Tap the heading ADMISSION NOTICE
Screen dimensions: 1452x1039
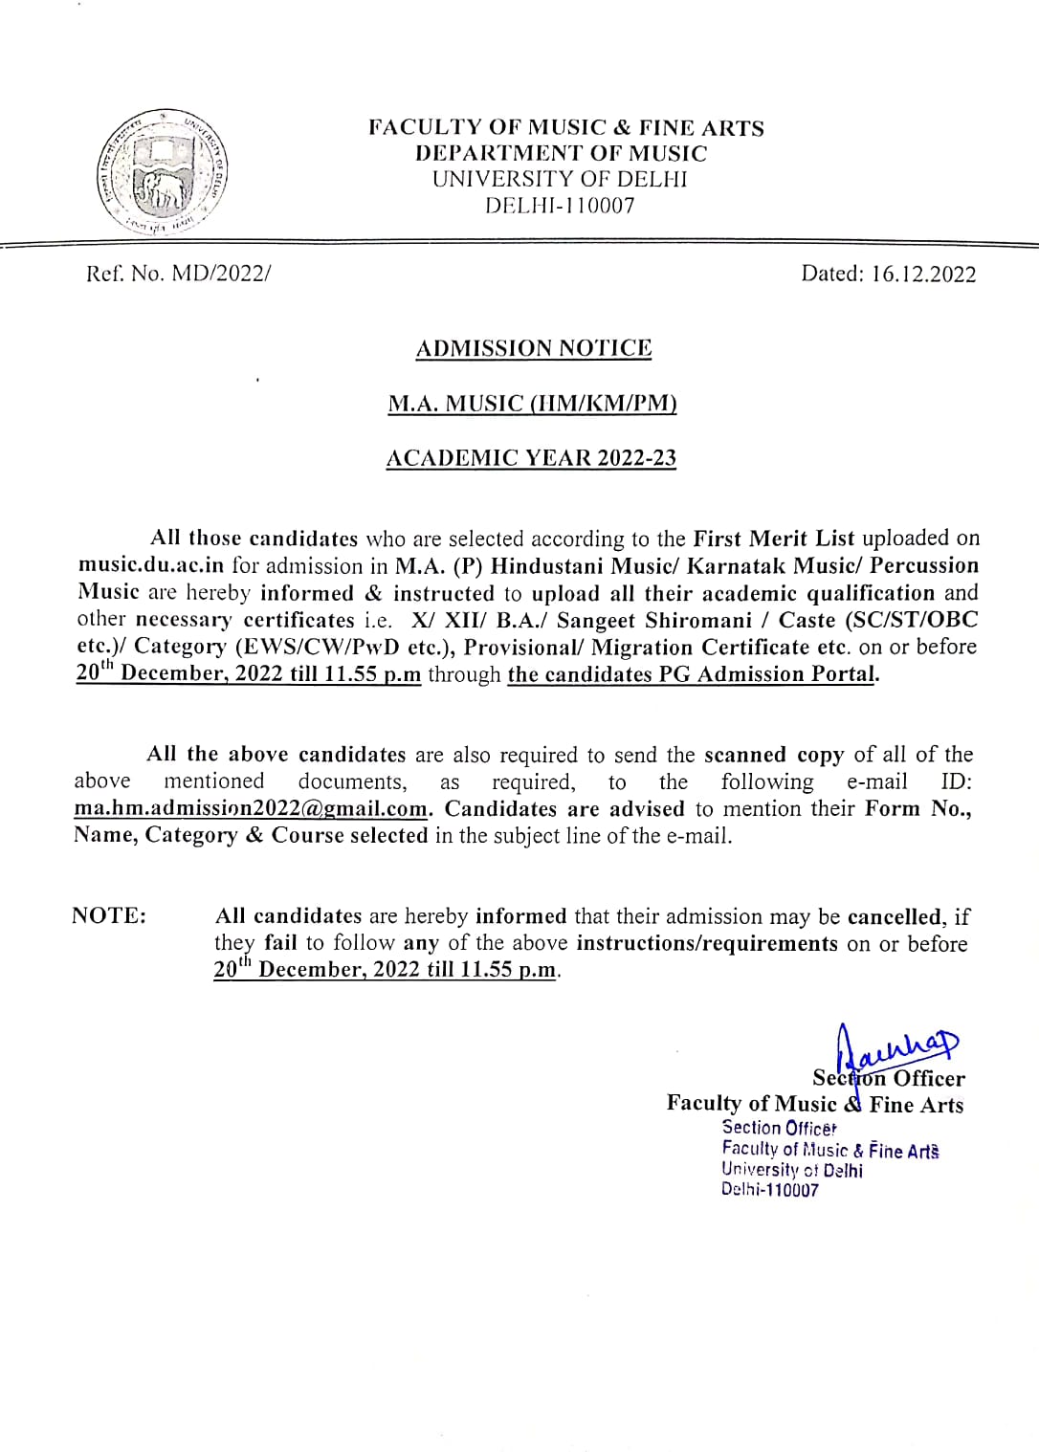point(534,348)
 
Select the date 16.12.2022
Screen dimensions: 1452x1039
point(923,275)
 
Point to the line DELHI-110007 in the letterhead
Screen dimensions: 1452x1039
point(560,206)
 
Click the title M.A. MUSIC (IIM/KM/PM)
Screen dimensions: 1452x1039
point(532,404)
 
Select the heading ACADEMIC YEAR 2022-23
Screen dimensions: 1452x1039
point(531,458)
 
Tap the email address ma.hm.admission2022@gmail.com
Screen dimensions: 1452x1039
point(251,809)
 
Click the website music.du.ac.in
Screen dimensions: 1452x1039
point(151,566)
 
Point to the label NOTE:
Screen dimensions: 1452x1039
point(109,916)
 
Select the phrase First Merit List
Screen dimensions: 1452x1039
point(773,539)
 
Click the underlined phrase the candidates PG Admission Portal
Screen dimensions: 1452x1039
point(691,674)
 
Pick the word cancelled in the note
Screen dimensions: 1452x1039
point(894,917)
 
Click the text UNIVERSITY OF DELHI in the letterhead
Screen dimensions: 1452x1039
point(560,180)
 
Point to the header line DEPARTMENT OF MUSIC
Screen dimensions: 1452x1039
point(561,154)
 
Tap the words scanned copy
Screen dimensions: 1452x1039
point(774,755)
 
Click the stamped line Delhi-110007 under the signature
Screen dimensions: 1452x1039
point(770,1191)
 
